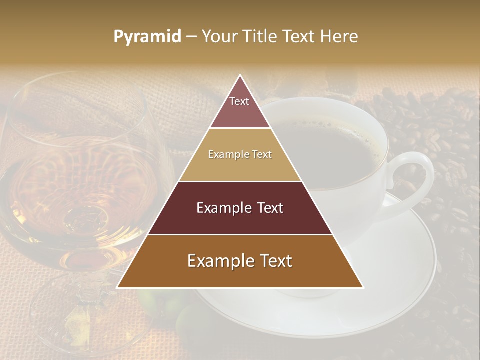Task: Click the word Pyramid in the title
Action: tap(147, 37)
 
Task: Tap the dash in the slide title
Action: tap(191, 37)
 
